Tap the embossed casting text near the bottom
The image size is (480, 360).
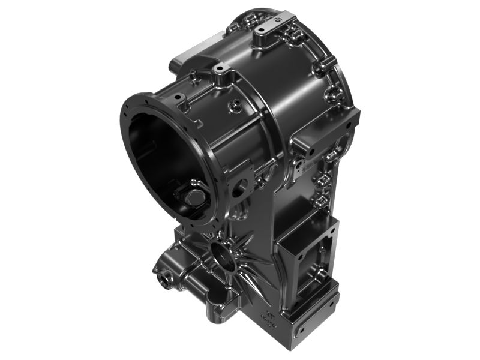click(268, 322)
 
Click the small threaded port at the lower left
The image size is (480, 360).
click(163, 277)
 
